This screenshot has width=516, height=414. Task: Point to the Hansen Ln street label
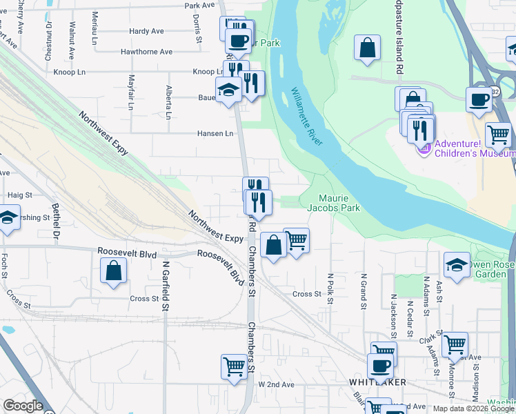(x=216, y=134)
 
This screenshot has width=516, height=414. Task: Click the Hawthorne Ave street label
(x=146, y=52)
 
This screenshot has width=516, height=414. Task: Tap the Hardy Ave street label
(x=146, y=31)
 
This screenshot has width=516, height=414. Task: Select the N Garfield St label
(x=166, y=284)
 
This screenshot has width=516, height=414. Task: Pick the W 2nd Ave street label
(x=276, y=384)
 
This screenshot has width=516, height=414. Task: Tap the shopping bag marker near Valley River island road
(x=368, y=48)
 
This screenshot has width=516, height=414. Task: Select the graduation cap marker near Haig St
(x=8, y=219)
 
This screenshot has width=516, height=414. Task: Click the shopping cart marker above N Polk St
(x=296, y=241)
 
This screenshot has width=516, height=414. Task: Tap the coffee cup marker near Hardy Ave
(x=238, y=40)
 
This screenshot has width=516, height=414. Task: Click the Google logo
(x=23, y=406)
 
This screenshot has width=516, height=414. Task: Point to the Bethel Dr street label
(x=56, y=218)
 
